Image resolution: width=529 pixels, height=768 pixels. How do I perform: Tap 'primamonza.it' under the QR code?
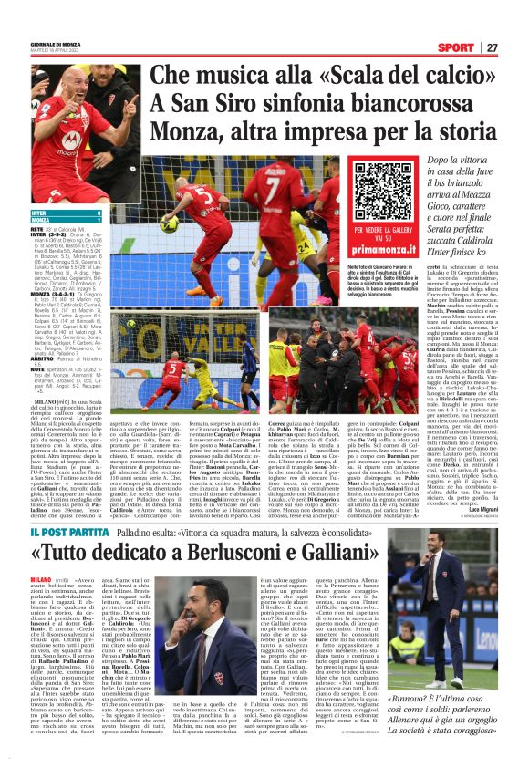(x=383, y=245)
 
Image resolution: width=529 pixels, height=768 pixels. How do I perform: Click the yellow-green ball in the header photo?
(x=170, y=223)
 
